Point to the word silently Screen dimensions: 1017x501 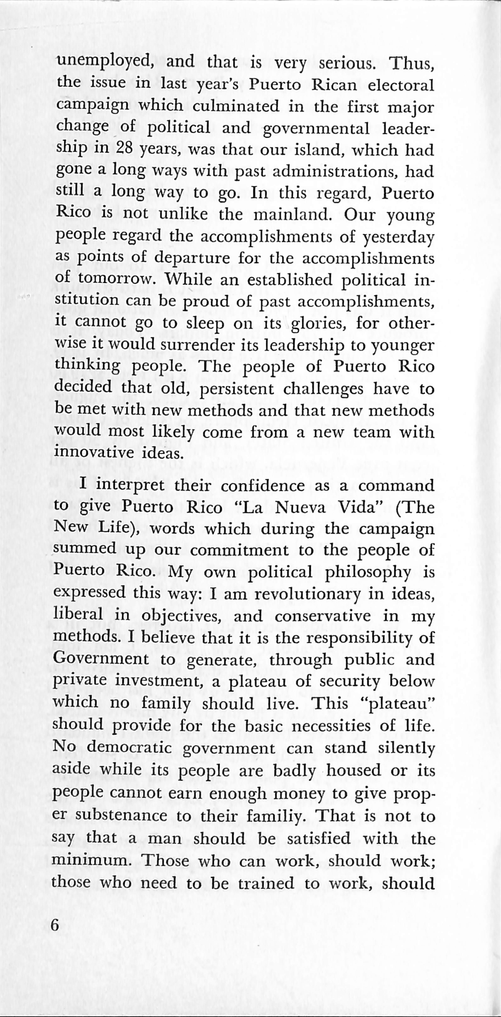tap(406, 748)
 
